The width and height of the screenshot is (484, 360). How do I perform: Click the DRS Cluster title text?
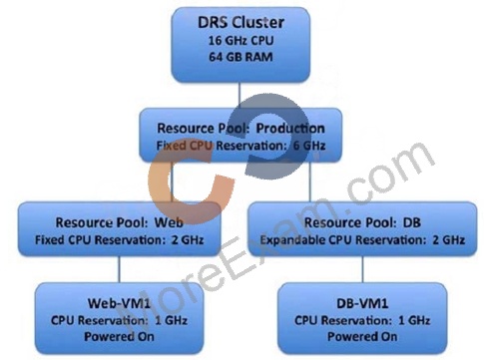tap(241, 22)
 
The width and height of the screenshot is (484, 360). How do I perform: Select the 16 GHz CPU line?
tap(241, 41)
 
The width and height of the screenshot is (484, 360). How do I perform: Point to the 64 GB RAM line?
tap(241, 57)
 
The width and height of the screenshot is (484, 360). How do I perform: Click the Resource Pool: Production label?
tap(241, 129)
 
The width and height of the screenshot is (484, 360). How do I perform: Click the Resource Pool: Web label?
tap(119, 222)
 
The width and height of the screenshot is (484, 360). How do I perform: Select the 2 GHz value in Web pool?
tap(188, 239)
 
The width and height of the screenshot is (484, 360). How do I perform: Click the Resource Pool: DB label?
tap(362, 222)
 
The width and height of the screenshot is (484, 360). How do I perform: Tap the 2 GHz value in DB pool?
tap(448, 239)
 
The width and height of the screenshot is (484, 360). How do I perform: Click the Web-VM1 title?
tap(119, 303)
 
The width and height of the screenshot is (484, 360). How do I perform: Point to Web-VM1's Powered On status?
tap(119, 336)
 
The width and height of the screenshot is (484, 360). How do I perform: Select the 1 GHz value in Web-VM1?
tap(171, 320)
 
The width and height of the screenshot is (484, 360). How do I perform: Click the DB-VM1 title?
tap(362, 303)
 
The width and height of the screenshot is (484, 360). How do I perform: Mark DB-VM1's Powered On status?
tap(362, 336)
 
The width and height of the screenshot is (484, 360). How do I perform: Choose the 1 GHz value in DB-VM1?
tap(414, 320)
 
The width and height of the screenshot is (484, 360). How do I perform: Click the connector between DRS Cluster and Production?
tap(240, 95)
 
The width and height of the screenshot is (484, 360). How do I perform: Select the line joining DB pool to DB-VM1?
tap(362, 269)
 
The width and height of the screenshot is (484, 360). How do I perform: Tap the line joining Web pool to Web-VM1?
tap(119, 269)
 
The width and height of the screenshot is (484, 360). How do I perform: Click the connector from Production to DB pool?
tap(310, 181)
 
